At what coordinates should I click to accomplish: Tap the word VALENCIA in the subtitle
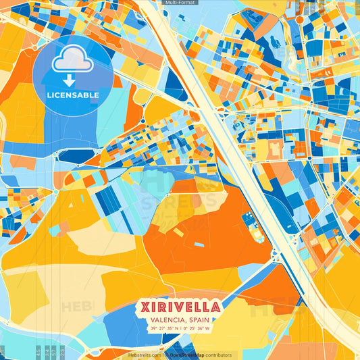[x=165, y=320]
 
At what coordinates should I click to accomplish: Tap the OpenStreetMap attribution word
[x=187, y=355]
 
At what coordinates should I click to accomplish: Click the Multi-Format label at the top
[x=180, y=3]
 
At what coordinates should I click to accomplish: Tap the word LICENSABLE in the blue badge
[x=72, y=95]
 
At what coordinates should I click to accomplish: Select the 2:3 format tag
[x=62, y=352]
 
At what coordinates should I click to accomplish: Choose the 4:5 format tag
[x=38, y=352]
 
